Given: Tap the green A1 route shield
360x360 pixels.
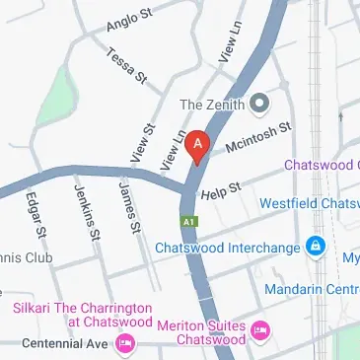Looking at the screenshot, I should point(184,221).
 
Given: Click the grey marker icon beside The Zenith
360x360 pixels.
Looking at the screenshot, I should point(259,102).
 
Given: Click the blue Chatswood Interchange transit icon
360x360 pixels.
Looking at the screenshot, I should point(314,245).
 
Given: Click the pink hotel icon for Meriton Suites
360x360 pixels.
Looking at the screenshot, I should point(260,329).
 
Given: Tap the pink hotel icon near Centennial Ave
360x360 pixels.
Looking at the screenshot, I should point(124,342).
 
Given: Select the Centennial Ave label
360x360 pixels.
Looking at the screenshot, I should point(55,343).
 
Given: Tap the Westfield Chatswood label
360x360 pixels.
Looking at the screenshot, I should point(309,203).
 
